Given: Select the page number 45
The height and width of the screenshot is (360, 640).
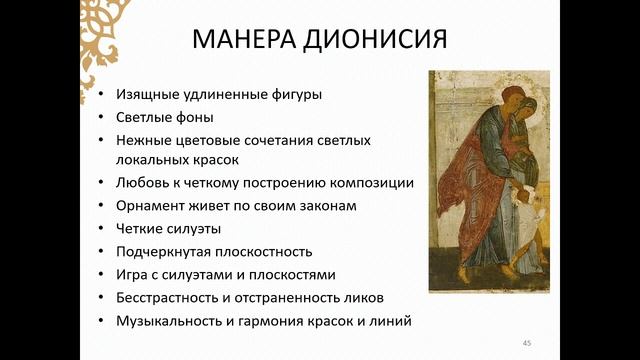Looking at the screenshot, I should pos(526,343).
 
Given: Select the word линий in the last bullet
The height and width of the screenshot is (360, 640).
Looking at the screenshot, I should pos(391,320).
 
